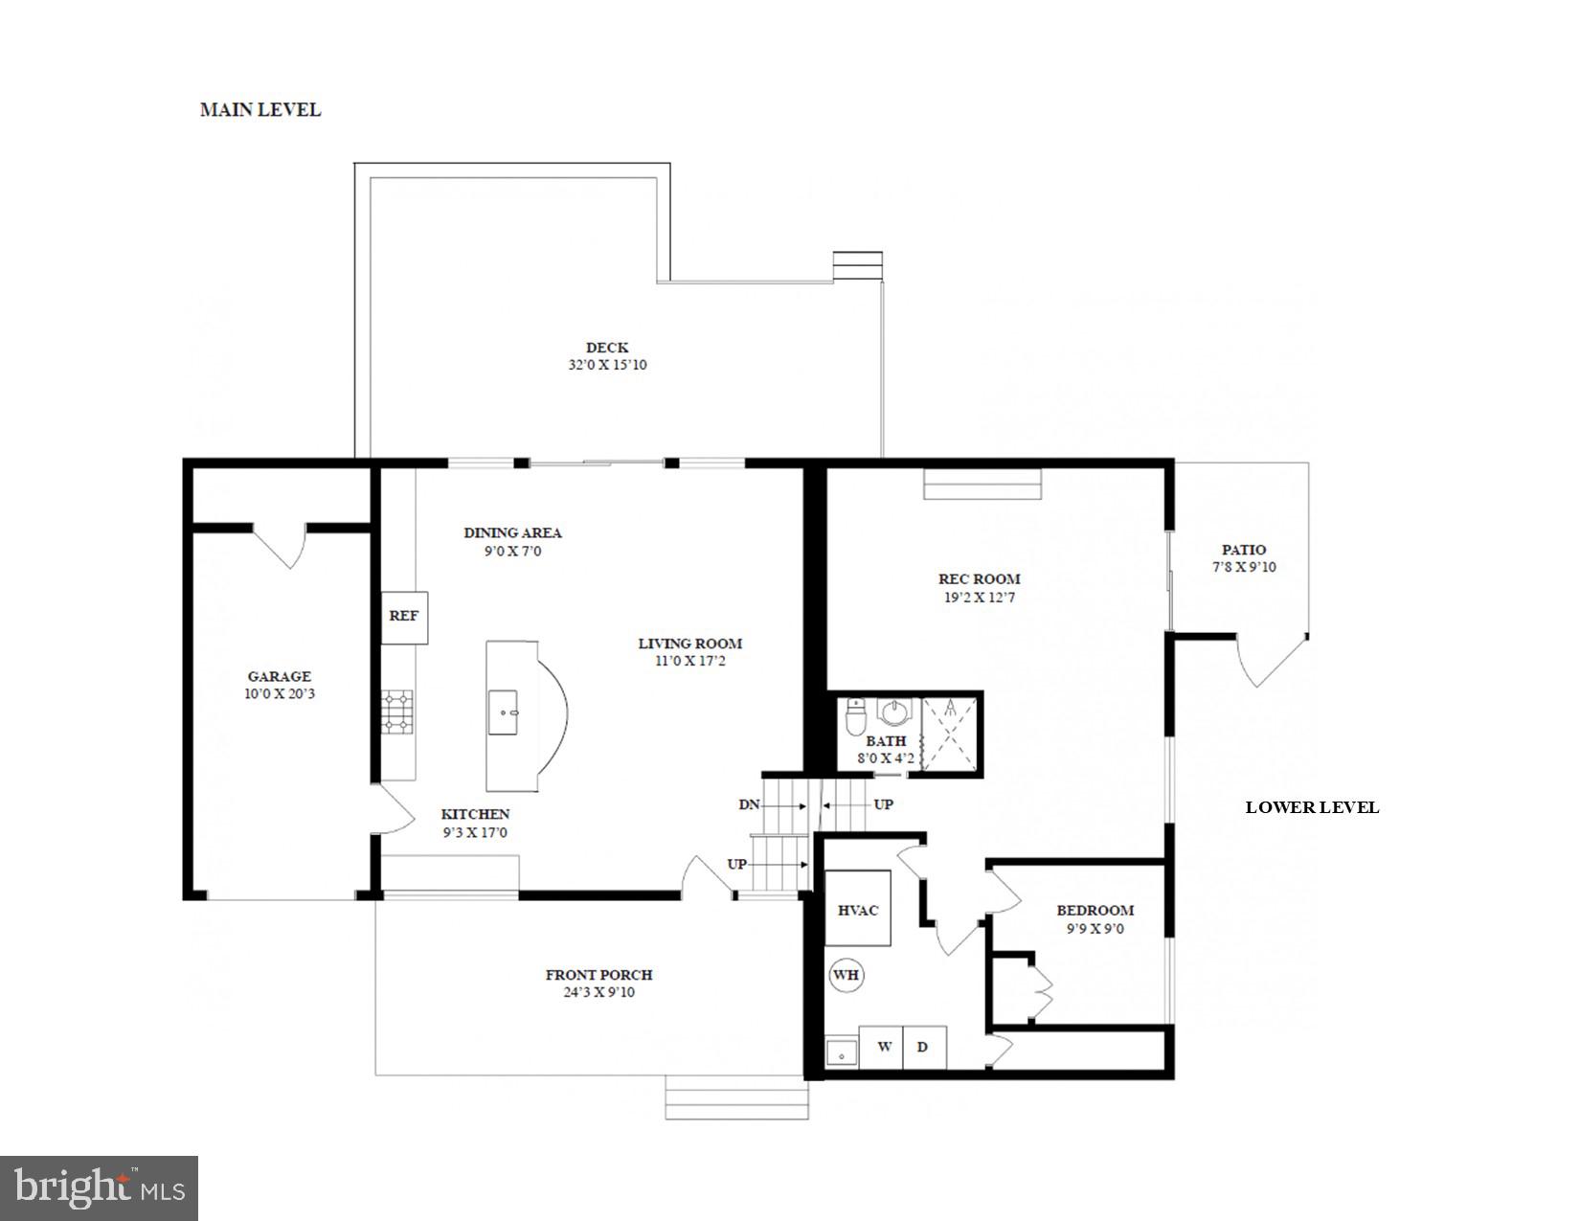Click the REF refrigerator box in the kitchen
(404, 617)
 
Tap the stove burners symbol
(397, 712)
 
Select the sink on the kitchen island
(503, 712)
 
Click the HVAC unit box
(858, 909)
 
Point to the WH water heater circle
(846, 976)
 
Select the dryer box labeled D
(924, 1047)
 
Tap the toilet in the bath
(857, 715)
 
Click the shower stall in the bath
(950, 735)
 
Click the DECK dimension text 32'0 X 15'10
(607, 365)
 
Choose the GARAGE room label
(279, 676)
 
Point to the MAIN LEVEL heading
(260, 110)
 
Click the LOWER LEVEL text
(1311, 807)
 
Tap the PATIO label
(1243, 550)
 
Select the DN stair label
(749, 804)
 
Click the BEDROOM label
(1095, 911)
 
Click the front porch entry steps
(736, 1097)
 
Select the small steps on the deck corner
(857, 265)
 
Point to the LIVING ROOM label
(689, 644)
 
